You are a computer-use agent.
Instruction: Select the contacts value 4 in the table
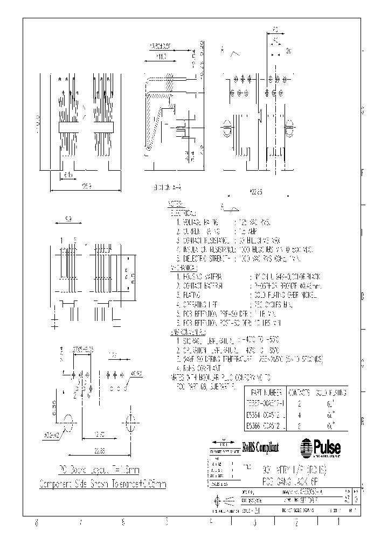point(299,414)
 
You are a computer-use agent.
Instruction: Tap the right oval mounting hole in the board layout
point(129,424)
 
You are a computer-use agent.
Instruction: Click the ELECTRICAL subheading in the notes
point(183,212)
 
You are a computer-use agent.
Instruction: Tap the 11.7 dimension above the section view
point(161,55)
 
